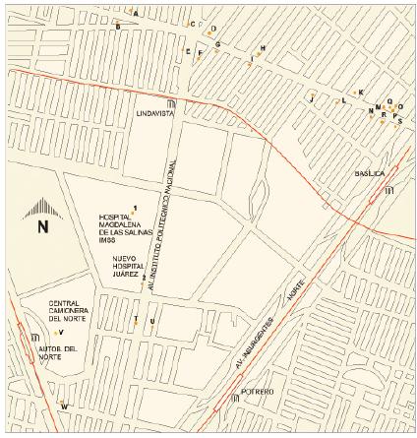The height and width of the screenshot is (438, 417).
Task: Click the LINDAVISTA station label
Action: tap(154, 114)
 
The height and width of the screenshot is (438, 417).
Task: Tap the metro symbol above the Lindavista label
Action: tap(172, 103)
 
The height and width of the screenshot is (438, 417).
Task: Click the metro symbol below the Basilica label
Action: tap(389, 189)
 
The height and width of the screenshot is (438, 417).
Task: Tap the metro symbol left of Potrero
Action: tap(234, 399)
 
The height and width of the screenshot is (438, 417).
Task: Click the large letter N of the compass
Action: tap(42, 226)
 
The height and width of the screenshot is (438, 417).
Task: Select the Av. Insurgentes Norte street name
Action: tap(277, 317)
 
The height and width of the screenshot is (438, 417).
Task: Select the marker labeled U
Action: tap(150, 322)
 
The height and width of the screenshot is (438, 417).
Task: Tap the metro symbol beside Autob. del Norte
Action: tap(22, 340)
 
